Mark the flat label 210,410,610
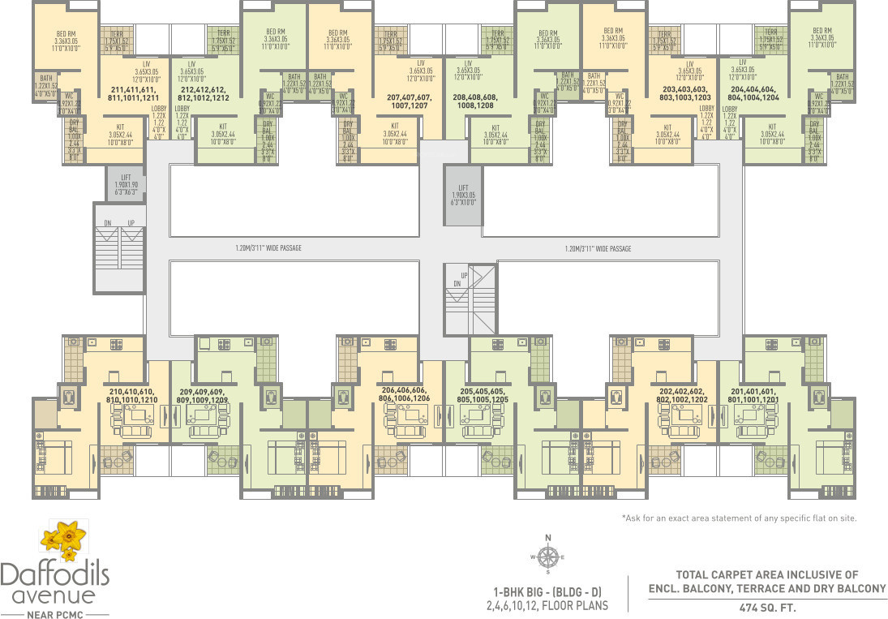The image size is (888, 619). click(131, 395)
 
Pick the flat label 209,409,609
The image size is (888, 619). click(203, 395)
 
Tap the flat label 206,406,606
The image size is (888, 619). click(404, 393)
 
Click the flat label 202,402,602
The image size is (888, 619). click(684, 395)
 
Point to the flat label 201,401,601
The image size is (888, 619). click(753, 395)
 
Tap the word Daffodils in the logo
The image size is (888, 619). click(54, 574)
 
